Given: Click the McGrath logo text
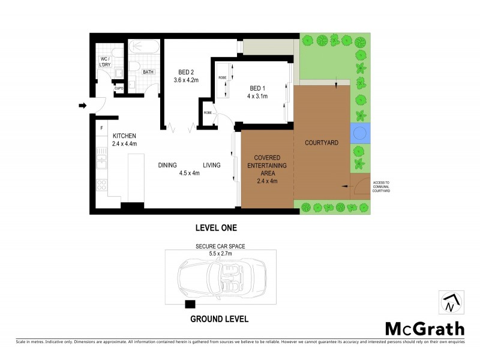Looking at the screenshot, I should coord(424,328).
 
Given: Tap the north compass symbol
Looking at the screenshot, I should coord(449,302).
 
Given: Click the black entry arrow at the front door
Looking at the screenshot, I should coord(83,107).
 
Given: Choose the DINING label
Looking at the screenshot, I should coord(169,165).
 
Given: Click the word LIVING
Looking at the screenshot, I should coord(212,165).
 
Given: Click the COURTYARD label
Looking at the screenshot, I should coord(322,143).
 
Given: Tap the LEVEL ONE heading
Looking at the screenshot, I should coord(216,227).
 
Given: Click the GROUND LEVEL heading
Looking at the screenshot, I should coord(218,319).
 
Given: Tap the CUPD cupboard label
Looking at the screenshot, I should coord(119,89).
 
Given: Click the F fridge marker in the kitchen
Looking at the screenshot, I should coord(102,128).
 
